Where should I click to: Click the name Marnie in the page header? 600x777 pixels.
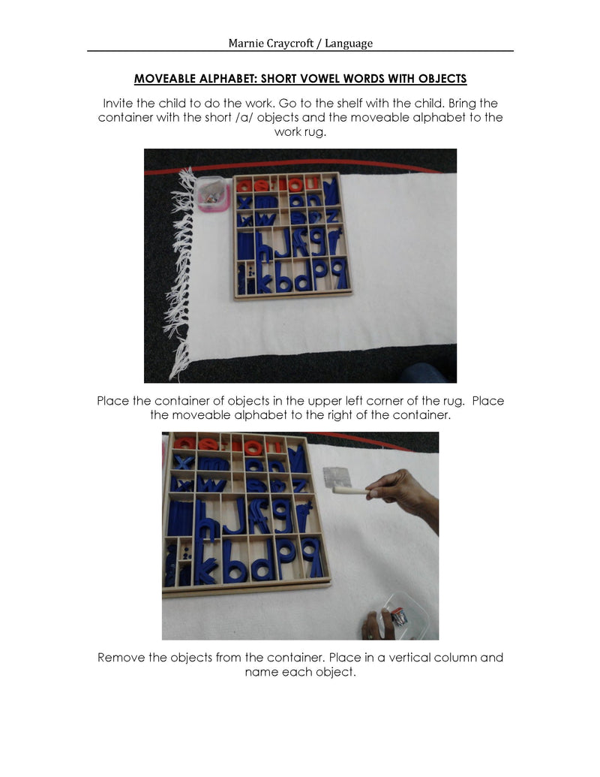coord(244,43)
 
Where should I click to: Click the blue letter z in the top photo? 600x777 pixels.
coord(332,215)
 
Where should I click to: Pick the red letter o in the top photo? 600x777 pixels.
coord(295,185)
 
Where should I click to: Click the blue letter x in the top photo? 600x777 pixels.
coord(244,202)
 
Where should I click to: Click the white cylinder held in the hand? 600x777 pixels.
coord(352,491)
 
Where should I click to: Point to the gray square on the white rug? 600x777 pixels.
coord(337,477)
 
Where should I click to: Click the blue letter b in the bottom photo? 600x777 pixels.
coord(234,562)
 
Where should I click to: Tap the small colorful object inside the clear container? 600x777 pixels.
coord(399,617)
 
